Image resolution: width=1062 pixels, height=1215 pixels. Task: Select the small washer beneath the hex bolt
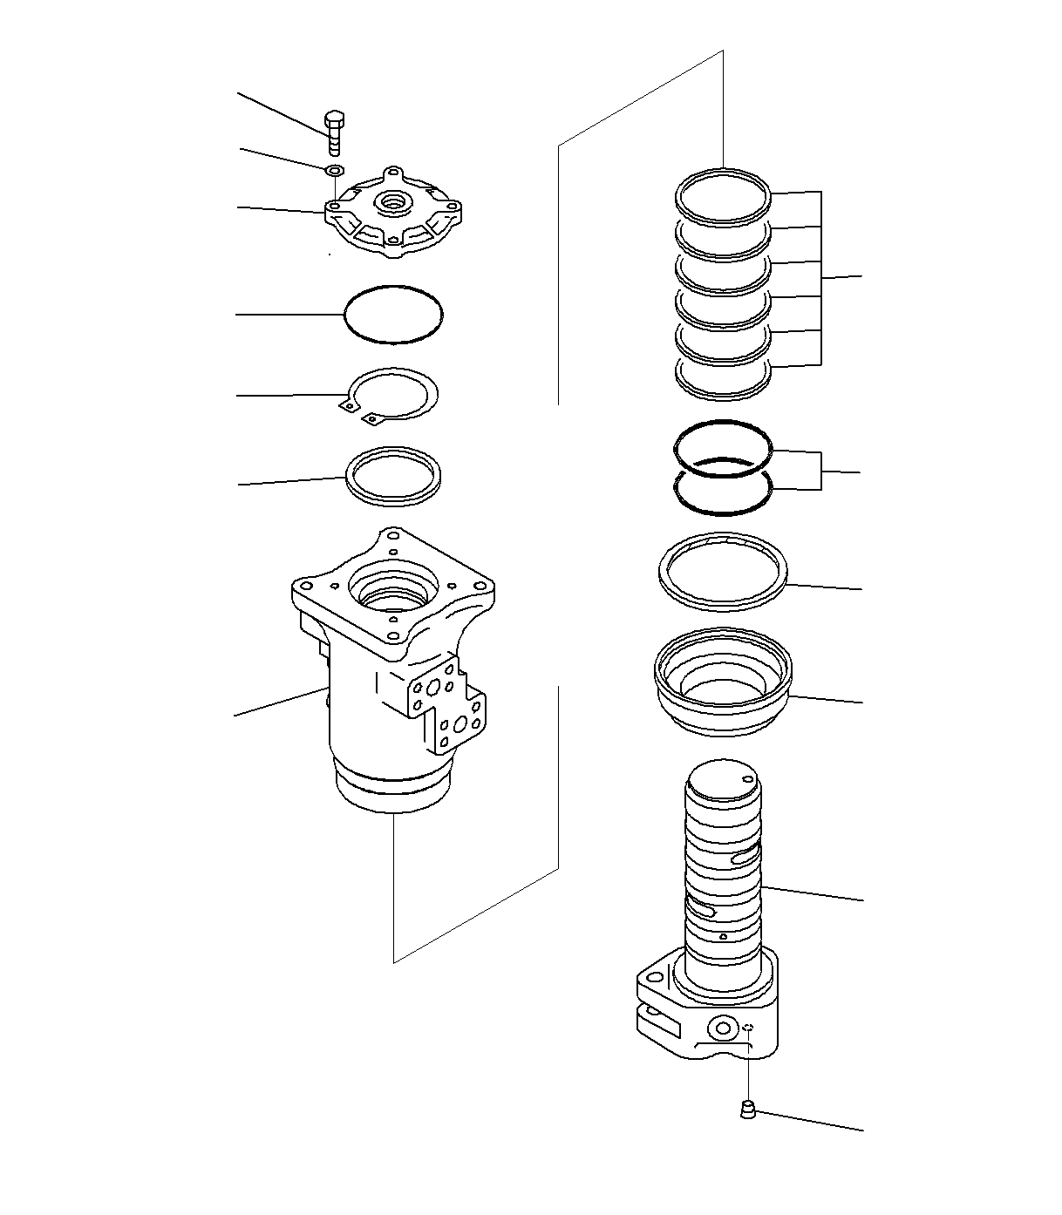pos(334,169)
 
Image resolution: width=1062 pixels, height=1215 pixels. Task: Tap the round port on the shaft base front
pos(722,1029)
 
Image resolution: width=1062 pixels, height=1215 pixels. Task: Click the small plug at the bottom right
pos(746,1110)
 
